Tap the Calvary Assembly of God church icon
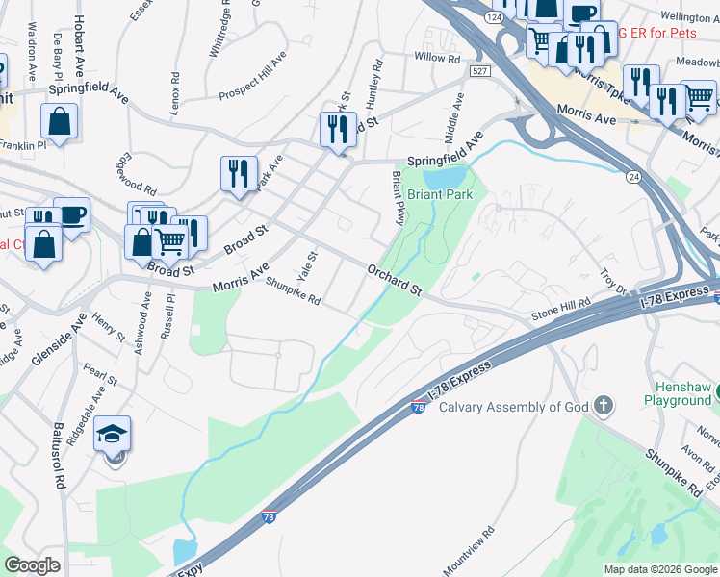pyautogui.click(x=604, y=406)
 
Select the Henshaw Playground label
pyautogui.click(x=677, y=392)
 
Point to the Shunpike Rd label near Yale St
pyautogui.click(x=293, y=290)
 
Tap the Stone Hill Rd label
pyautogui.click(x=561, y=310)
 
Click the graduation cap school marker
pyautogui.click(x=114, y=434)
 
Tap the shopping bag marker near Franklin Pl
pyautogui.click(x=60, y=122)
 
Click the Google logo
pyautogui.click(x=32, y=565)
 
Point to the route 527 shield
pyautogui.click(x=480, y=71)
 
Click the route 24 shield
pyautogui.click(x=632, y=177)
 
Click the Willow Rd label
pyautogui.click(x=438, y=58)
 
